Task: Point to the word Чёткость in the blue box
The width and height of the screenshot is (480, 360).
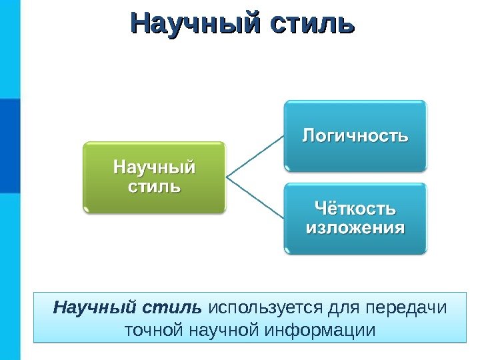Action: [x=354, y=210]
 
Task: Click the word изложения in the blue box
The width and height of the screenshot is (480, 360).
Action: [x=355, y=229]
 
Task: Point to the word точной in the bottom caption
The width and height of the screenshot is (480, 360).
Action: [x=154, y=330]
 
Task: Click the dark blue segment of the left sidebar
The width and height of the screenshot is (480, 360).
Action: [x=10, y=145]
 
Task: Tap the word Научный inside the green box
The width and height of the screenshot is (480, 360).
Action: [x=155, y=166]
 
